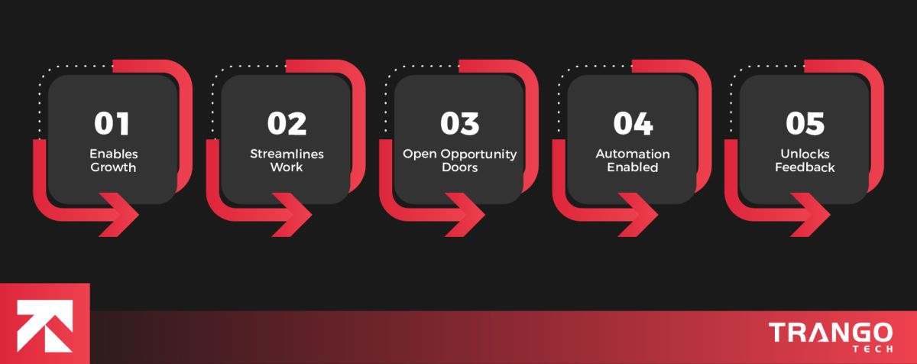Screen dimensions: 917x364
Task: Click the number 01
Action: coord(112,124)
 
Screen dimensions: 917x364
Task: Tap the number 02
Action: coord(287,124)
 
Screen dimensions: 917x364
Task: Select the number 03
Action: coord(460,124)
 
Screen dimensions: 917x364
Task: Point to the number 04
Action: coord(633,124)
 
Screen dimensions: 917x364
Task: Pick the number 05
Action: coord(805,124)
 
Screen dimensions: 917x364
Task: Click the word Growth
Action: coord(113,167)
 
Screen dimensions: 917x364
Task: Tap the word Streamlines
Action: coord(287,154)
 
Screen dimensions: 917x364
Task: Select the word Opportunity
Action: coord(478,154)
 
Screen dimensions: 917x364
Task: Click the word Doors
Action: coord(460,167)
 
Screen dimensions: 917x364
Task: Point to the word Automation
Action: coord(633,154)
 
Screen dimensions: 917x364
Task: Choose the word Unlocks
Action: coord(805,154)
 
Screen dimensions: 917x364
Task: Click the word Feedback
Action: coord(805,167)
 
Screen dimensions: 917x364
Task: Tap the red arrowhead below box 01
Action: coord(118,215)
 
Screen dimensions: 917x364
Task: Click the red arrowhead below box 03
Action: coord(465,215)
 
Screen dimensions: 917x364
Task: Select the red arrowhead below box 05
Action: coord(810,215)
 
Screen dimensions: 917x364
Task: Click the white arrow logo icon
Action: coord(44,326)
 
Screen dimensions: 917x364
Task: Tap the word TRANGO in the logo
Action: coord(831,333)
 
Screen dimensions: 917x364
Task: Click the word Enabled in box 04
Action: coord(633,167)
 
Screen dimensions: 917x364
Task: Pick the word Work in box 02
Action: coord(287,167)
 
